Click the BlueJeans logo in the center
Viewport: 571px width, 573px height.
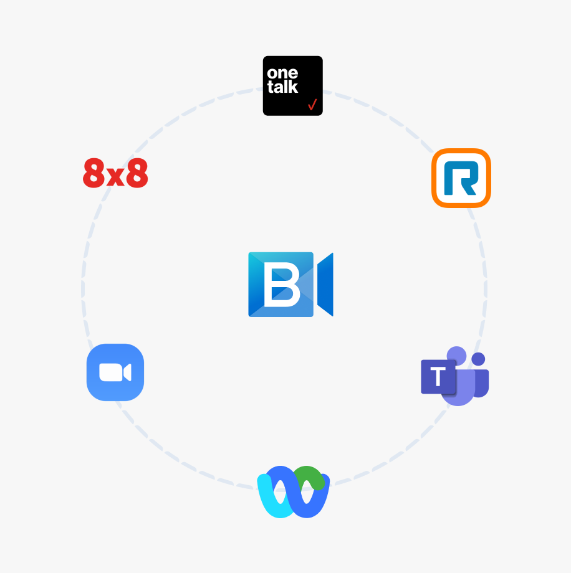coord(290,284)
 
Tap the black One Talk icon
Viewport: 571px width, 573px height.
coord(292,86)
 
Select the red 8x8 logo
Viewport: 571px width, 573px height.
coord(115,174)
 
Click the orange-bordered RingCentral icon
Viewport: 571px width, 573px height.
coord(461,178)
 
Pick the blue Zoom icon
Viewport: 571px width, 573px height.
coord(115,372)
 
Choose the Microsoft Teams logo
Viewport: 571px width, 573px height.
coord(455,377)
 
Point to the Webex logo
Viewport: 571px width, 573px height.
coord(293,492)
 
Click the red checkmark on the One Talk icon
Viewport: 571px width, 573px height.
coord(312,104)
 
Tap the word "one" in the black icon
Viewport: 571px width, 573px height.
coord(282,73)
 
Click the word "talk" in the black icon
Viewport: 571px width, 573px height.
coord(282,87)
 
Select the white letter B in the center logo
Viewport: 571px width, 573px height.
coord(281,285)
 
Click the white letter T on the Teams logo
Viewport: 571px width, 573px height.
coord(439,377)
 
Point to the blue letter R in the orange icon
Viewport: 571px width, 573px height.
coord(461,178)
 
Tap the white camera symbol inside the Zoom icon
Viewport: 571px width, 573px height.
coord(115,372)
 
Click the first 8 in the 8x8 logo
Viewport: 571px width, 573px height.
coord(94,174)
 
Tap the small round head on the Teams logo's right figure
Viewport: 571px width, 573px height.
coord(478,359)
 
